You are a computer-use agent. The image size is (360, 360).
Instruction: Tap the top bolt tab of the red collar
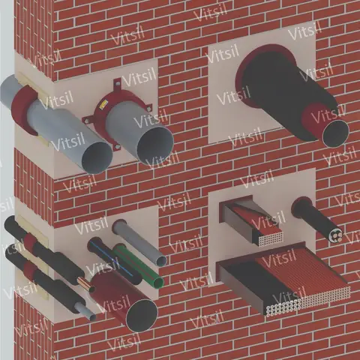click(x=117, y=83)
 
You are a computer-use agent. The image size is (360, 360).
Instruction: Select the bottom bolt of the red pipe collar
click(x=116, y=147)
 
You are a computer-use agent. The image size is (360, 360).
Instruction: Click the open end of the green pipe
click(x=159, y=282)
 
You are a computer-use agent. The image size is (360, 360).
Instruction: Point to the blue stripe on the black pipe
click(x=112, y=258)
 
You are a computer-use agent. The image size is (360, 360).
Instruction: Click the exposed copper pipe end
click(x=82, y=283)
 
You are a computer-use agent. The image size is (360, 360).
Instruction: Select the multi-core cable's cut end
click(x=336, y=235)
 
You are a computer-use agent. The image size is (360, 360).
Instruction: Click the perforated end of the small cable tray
click(x=271, y=239)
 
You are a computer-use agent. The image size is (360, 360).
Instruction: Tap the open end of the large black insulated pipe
click(x=335, y=133)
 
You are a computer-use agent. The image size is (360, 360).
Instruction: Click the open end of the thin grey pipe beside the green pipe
click(x=161, y=261)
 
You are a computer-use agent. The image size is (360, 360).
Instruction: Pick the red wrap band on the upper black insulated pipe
click(x=29, y=241)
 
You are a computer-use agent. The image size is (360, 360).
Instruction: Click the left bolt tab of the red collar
click(x=87, y=120)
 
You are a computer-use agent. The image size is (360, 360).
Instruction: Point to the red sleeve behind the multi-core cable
click(x=299, y=205)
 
